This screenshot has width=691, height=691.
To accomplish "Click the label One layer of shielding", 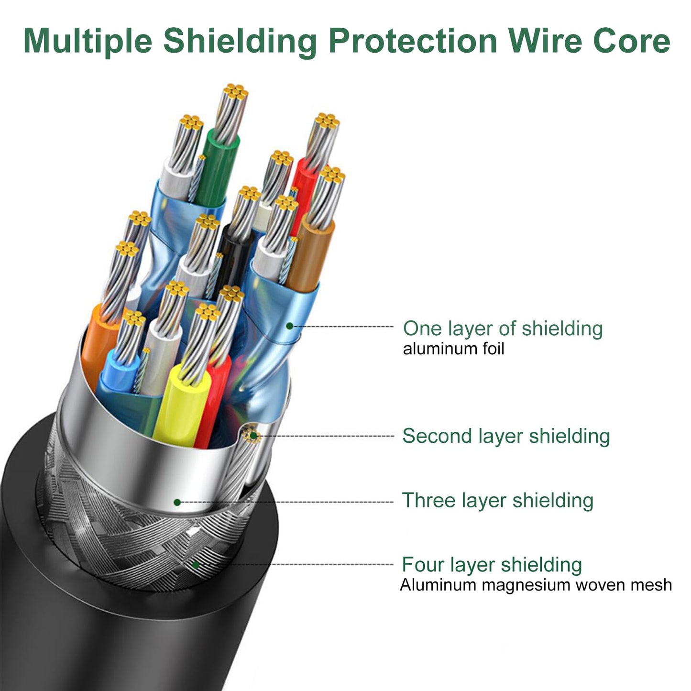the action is [x=503, y=329].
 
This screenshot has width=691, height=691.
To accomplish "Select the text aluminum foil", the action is [x=454, y=349].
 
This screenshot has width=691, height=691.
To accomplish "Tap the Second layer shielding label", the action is [x=506, y=436].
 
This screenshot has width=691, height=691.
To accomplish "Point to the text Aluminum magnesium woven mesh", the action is [x=536, y=585].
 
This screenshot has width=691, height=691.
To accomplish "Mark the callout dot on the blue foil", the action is [x=289, y=326].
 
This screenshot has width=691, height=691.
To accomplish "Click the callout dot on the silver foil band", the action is [x=177, y=503].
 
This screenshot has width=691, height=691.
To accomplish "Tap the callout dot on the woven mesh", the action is [x=196, y=565].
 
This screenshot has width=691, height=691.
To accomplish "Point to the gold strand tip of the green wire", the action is [x=235, y=92].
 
